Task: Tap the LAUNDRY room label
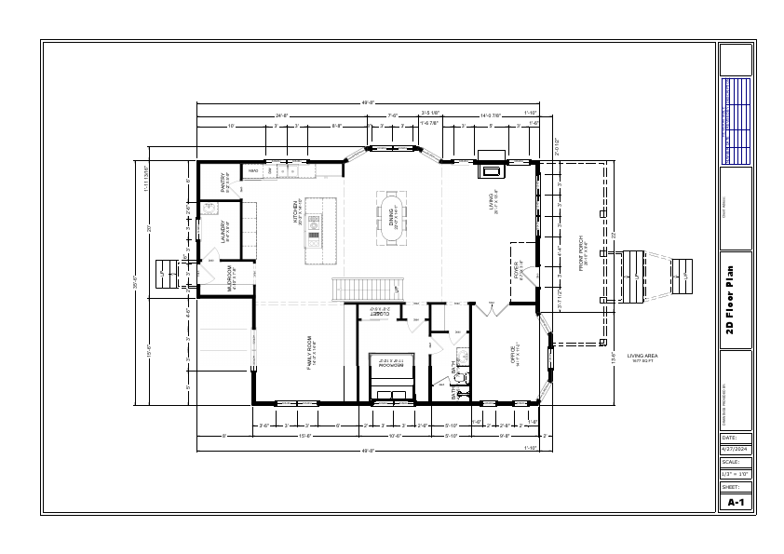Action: [x=223, y=230]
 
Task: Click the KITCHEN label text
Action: [x=297, y=210]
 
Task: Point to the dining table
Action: [x=392, y=219]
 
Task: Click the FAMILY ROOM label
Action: [x=311, y=355]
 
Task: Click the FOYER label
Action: [x=518, y=271]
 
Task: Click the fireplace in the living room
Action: [x=491, y=168]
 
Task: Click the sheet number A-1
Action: [x=735, y=502]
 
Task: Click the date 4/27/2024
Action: [x=735, y=449]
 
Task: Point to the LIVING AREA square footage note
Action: [x=642, y=358]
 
